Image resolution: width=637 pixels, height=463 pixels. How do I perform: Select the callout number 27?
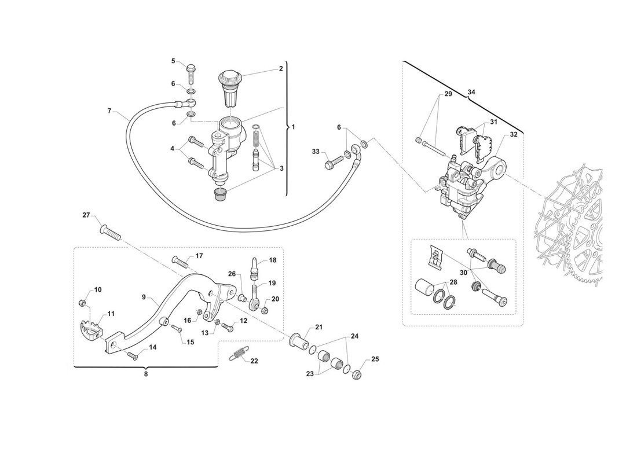pyautogui.click(x=86, y=216)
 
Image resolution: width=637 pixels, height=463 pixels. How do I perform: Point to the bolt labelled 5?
pyautogui.click(x=191, y=74)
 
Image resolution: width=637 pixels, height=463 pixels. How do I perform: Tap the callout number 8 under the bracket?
pyautogui.click(x=146, y=374)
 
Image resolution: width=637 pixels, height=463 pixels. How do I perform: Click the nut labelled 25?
pyautogui.click(x=357, y=375)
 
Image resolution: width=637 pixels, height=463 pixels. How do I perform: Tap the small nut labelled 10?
pyautogui.click(x=83, y=303)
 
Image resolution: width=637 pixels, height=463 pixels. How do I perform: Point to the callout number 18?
pyautogui.click(x=272, y=260)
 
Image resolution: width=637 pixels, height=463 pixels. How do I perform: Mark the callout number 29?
pyautogui.click(x=448, y=94)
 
